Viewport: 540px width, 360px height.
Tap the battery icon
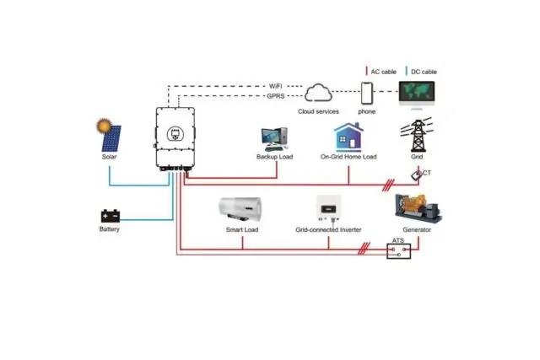pos(110,216)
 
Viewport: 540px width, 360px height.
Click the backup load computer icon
pos(273,137)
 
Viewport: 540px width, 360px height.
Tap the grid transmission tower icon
pos(418,135)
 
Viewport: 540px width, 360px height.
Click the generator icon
pos(418,208)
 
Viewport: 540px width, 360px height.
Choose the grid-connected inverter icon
pos(329,207)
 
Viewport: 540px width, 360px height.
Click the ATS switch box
pos(398,250)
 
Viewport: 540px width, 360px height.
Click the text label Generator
pos(418,230)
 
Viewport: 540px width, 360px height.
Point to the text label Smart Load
pos(242,230)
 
